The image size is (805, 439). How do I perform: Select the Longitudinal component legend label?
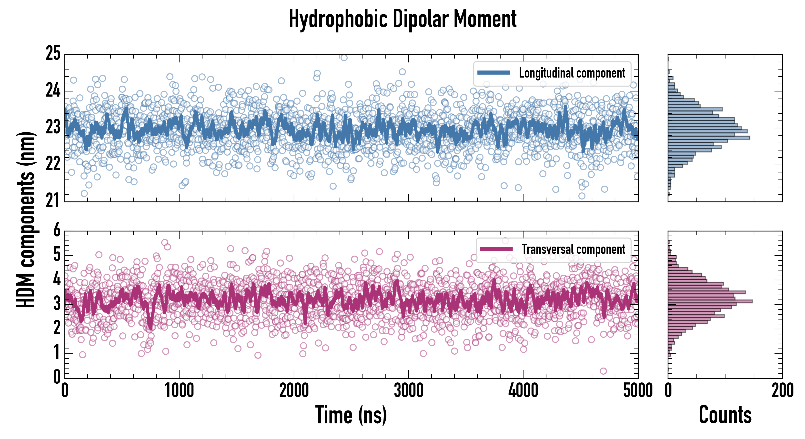point(572,73)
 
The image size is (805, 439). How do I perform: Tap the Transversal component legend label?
point(574,249)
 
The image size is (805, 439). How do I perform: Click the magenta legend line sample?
point(496,249)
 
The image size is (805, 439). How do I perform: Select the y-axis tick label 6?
point(57,230)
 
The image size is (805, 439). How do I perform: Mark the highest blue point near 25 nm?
point(344,58)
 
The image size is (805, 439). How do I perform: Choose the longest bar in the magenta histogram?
point(710,301)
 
